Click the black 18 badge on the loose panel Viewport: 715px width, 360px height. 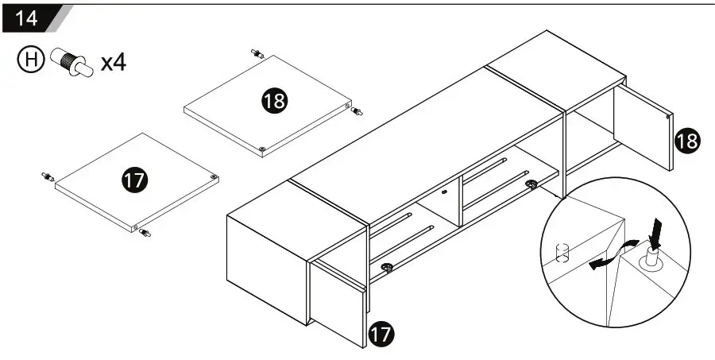click(x=275, y=100)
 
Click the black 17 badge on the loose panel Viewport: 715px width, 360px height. click(x=135, y=180)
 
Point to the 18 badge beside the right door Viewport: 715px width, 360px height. click(x=687, y=141)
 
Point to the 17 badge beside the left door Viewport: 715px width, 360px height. click(x=381, y=335)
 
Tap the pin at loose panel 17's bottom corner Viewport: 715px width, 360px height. click(x=144, y=232)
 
